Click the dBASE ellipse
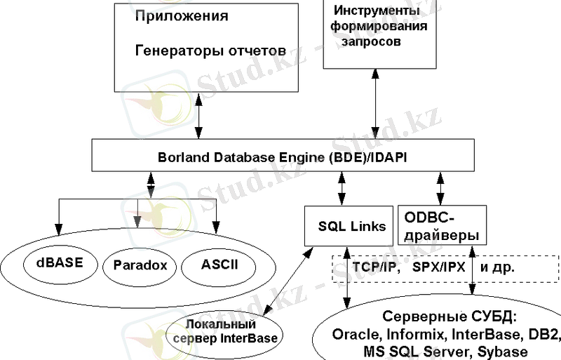[59, 265]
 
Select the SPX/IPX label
[438, 267]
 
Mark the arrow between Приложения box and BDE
[199, 115]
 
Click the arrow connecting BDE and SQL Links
[343, 189]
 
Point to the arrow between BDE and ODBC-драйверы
[440, 189]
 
